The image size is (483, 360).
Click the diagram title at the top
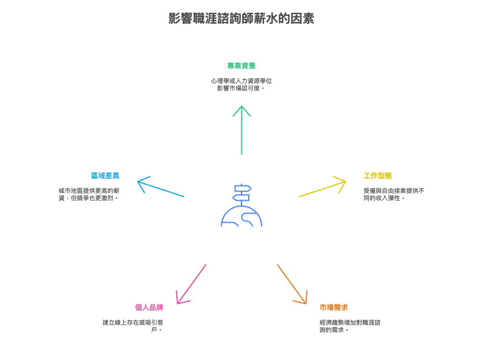(241, 18)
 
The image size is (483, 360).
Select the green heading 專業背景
(241, 66)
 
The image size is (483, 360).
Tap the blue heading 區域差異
(105, 176)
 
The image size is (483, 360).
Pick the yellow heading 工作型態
(377, 176)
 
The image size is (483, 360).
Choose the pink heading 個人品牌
(149, 308)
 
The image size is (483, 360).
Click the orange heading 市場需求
(334, 308)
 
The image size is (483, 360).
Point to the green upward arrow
(241, 131)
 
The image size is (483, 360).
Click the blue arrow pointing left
(162, 188)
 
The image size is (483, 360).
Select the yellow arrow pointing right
(322, 189)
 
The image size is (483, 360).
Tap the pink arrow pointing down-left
(191, 284)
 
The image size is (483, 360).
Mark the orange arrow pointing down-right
(292, 284)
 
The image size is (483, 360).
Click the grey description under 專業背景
(241, 84)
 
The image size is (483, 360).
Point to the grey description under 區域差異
(89, 194)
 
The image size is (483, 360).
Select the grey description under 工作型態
(393, 194)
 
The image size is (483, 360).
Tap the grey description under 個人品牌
(133, 326)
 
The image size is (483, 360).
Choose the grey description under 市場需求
(349, 326)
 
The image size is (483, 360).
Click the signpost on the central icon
(242, 193)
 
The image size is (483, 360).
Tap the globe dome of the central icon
(241, 217)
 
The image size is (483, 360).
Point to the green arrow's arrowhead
(241, 110)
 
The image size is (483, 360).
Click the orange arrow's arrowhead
(302, 299)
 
